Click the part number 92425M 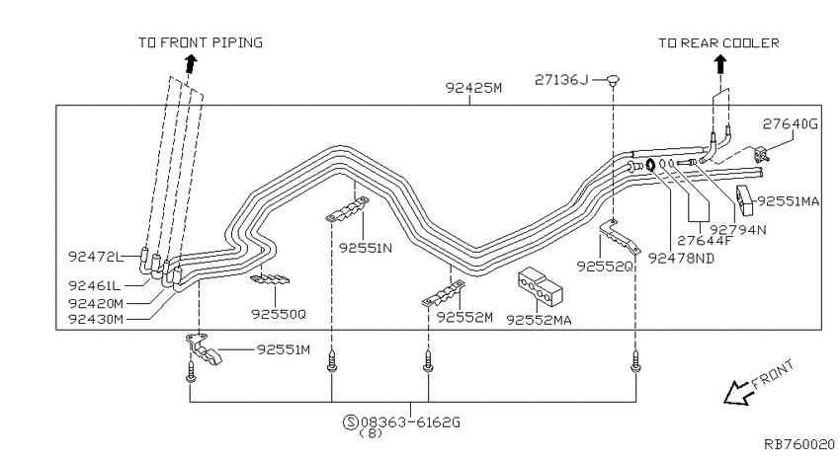coord(473,87)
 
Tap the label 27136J coord(561,80)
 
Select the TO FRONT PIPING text coord(201,42)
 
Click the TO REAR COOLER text coord(718,42)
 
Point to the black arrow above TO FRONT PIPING coord(191,63)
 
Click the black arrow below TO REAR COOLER coord(720,65)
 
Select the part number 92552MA coord(539,320)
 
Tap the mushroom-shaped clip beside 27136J coord(614,81)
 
